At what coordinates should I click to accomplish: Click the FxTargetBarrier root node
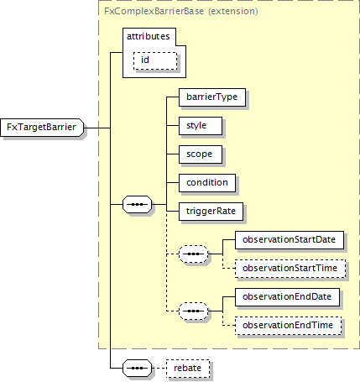(42, 128)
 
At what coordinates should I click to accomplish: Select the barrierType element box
(212, 97)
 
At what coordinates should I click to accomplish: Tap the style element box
(201, 126)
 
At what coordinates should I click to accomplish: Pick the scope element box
(201, 154)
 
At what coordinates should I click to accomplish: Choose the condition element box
(207, 183)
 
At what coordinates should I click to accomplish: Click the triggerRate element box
(211, 212)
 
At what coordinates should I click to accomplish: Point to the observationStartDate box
(290, 240)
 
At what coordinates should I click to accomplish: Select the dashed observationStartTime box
(290, 269)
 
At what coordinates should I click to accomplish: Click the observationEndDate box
(287, 297)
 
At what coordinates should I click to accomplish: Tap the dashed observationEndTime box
(289, 326)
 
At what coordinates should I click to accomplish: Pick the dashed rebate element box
(188, 369)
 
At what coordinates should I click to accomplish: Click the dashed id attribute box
(155, 60)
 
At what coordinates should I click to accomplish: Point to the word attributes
(149, 36)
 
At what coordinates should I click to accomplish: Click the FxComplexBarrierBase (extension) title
(181, 11)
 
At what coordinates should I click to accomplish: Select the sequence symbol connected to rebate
(138, 368)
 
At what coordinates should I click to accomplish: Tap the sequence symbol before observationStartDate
(194, 254)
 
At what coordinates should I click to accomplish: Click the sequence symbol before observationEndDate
(194, 311)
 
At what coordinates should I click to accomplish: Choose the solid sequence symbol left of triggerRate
(138, 204)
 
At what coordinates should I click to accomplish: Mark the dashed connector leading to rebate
(159, 368)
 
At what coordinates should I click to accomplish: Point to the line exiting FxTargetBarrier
(97, 128)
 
